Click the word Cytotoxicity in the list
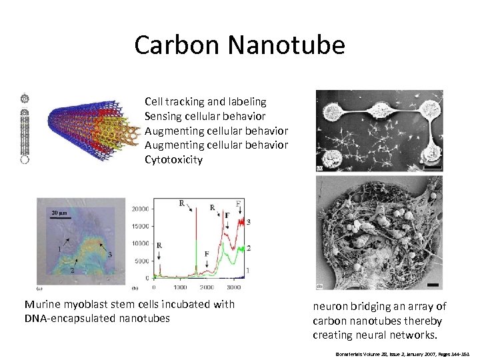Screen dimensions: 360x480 point(173,159)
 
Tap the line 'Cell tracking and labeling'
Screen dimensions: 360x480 point(205,101)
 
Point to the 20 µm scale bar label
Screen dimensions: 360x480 point(60,213)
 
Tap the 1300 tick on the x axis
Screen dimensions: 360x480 point(180,287)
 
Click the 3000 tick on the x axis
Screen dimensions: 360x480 point(233,287)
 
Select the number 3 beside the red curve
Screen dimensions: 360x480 point(248,221)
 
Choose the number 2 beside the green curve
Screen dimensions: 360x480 point(248,247)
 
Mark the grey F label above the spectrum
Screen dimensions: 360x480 point(239,203)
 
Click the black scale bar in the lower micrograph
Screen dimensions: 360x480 point(431,285)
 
